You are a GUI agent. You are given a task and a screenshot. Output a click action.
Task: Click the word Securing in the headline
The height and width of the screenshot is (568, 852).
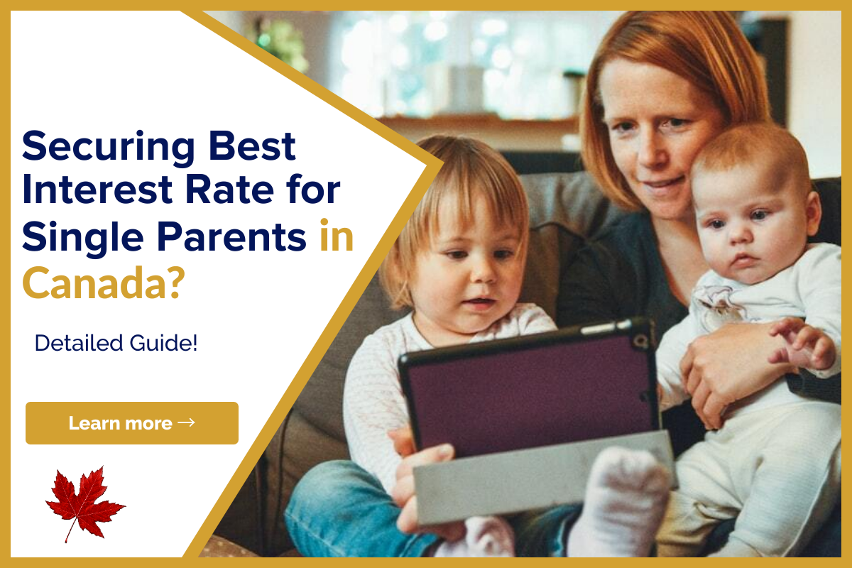[109, 148]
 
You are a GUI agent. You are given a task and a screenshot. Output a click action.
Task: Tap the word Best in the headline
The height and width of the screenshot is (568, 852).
[252, 146]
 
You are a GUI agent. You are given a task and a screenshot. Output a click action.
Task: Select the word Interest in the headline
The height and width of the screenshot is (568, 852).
[97, 190]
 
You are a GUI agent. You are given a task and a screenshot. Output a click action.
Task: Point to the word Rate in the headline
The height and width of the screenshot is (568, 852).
[229, 190]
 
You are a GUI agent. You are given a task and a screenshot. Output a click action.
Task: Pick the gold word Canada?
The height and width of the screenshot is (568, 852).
[104, 283]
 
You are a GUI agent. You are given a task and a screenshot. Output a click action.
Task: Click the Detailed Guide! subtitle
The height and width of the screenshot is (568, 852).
[116, 343]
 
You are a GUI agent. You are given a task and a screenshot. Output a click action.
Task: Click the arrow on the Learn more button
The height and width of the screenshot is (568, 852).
[186, 422]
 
